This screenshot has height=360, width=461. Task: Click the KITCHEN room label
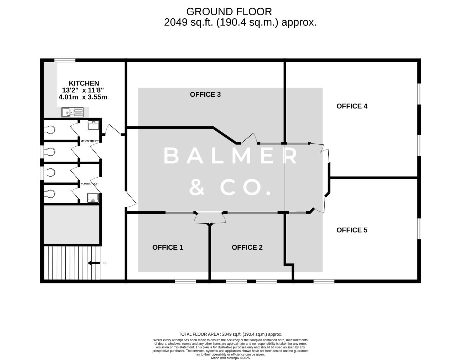point(84,83)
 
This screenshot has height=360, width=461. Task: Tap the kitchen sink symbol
point(72,112)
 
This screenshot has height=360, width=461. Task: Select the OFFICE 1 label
point(167,247)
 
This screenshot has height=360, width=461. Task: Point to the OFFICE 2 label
point(247,247)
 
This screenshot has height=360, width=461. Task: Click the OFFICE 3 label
point(205,94)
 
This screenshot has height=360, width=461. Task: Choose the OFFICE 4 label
point(352,106)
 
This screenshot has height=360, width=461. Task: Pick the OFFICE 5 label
point(352,230)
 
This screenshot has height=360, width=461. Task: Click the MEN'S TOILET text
point(89,141)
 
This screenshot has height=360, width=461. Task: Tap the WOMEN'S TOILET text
point(89,184)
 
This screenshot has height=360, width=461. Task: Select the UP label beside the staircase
point(105,263)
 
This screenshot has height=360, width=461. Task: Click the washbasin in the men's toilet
point(93,125)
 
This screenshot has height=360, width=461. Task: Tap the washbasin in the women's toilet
point(93,198)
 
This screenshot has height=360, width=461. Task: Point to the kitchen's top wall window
point(65,60)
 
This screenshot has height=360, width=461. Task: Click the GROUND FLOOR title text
point(229,12)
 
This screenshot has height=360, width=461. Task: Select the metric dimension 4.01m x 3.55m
point(83,97)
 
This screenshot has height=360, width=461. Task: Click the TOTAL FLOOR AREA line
point(230,334)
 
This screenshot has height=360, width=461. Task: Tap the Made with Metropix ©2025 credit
point(230,358)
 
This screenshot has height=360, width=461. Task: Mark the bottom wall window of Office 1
point(185,282)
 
